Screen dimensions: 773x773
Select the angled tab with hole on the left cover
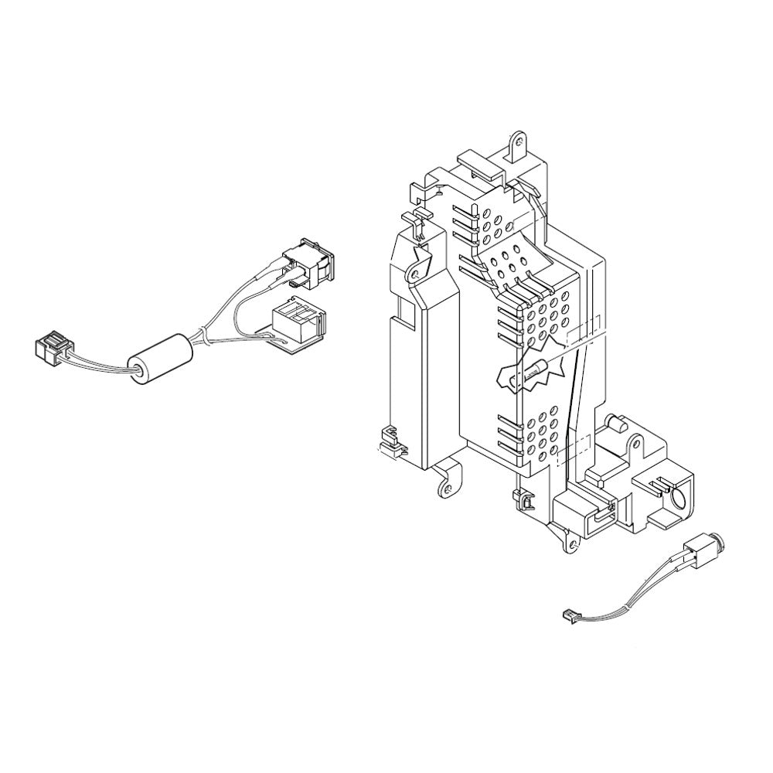pos(418,268)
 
